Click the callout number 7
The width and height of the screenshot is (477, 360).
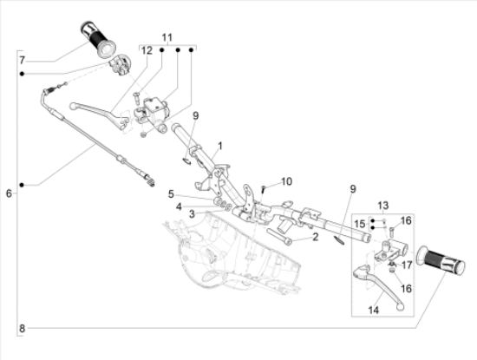[22, 60]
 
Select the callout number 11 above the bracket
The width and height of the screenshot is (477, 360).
[167, 37]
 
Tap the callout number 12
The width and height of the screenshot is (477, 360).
[147, 50]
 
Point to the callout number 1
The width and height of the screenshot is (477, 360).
[220, 146]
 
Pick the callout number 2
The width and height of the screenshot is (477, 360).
[315, 237]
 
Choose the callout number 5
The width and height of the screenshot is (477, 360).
[171, 193]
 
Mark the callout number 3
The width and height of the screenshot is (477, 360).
[192, 214]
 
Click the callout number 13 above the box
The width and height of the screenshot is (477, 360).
[383, 206]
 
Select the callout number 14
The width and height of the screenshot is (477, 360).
[374, 310]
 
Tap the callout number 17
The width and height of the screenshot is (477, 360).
[407, 265]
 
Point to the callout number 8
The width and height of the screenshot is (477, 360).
[22, 329]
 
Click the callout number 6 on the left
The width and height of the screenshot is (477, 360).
[9, 193]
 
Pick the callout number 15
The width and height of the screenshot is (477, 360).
[360, 224]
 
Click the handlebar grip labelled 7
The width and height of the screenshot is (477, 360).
[98, 39]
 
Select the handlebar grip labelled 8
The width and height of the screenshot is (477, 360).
[441, 260]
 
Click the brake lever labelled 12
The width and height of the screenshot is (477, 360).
[99, 114]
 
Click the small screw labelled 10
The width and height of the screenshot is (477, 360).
[264, 189]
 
